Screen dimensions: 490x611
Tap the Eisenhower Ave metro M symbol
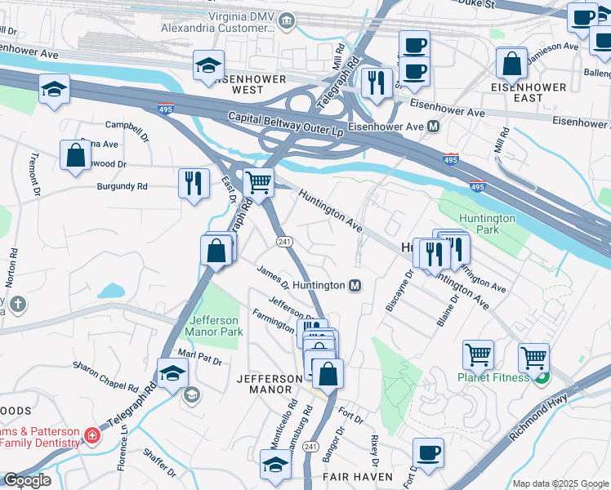click(433, 127)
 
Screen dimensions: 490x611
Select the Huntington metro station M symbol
click(355, 285)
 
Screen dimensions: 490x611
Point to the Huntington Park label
click(487, 224)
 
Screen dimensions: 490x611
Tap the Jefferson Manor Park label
click(214, 327)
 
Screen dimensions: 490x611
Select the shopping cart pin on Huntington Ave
click(258, 183)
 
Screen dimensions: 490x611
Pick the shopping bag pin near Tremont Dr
click(75, 155)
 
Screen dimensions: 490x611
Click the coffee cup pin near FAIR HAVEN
click(428, 453)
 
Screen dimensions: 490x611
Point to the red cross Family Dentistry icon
click(91, 436)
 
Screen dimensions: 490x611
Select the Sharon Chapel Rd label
click(106, 375)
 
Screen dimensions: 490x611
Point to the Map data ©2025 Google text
click(560, 483)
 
